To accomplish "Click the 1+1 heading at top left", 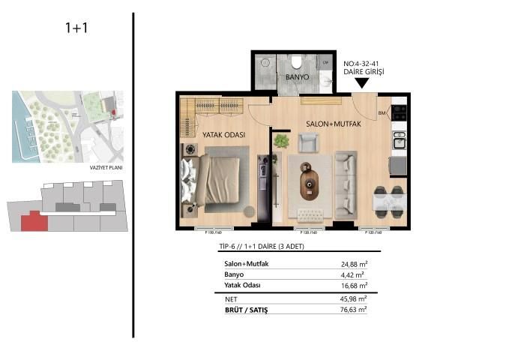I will [78, 29].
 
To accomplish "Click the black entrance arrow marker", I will [362, 82].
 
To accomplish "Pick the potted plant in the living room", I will [281, 140].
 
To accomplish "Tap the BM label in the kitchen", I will [382, 114].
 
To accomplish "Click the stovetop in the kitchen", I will [400, 112].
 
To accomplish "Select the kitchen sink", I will [400, 140].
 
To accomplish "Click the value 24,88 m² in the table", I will [353, 264].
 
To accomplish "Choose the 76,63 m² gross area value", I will [353, 308].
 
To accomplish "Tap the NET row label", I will [232, 298].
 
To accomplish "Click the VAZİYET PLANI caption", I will [105, 168].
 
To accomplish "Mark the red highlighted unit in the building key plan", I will [31, 221].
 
